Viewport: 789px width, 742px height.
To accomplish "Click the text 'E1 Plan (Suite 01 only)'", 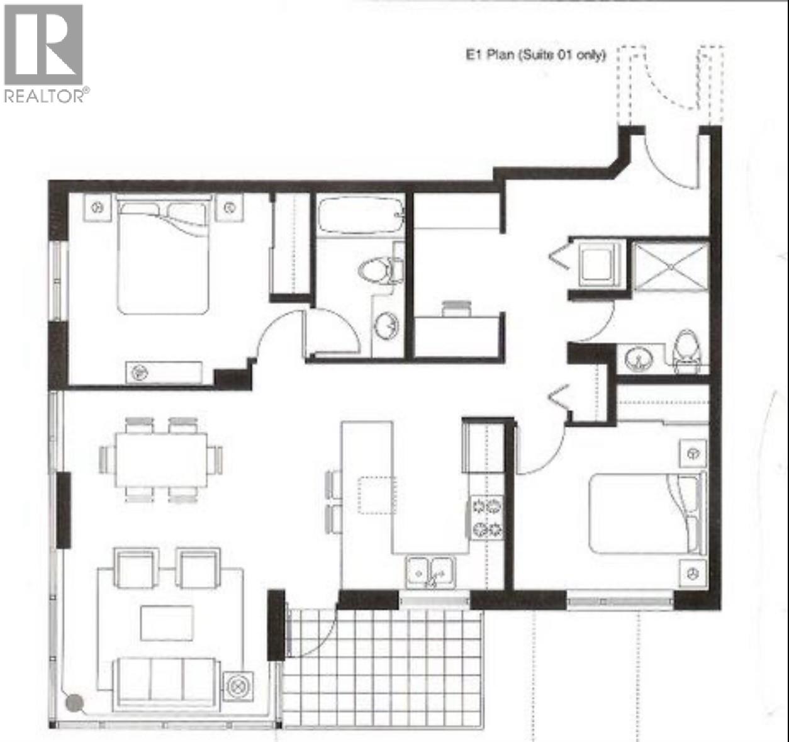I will (535, 55).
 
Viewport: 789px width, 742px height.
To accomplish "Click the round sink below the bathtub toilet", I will (386, 327).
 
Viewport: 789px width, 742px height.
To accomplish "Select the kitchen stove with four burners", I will (487, 517).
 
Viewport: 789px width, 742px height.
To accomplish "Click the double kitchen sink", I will (432, 571).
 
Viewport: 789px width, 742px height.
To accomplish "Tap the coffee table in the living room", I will (167, 622).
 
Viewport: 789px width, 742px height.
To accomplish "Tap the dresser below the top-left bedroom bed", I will (164, 372).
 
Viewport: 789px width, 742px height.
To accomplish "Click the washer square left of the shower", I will (598, 265).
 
